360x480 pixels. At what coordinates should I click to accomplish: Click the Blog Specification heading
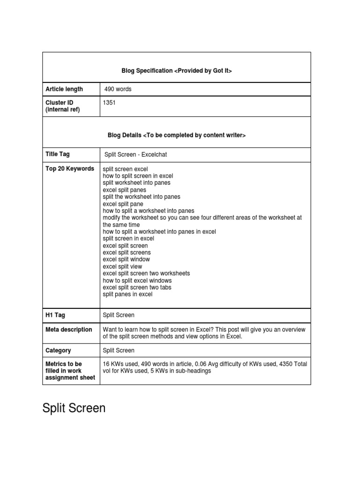click(x=177, y=71)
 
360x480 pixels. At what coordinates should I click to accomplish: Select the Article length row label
click(x=64, y=89)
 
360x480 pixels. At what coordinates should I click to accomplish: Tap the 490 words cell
click(x=118, y=89)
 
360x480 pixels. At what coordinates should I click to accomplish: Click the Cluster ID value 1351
click(x=109, y=103)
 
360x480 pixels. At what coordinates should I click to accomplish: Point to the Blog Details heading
click(x=177, y=135)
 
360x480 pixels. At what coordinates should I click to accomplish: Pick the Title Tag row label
click(x=58, y=154)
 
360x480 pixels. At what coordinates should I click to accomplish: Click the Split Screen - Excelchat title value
click(x=133, y=155)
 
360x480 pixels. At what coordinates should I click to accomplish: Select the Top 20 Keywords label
click(x=70, y=169)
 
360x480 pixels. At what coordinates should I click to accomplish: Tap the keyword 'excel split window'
click(x=127, y=259)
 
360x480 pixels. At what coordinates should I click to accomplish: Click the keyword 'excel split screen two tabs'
click(x=137, y=287)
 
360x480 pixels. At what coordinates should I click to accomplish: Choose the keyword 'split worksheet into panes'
click(x=137, y=183)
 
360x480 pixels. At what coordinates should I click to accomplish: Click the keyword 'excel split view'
click(x=122, y=266)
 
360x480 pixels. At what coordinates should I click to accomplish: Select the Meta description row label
click(x=69, y=330)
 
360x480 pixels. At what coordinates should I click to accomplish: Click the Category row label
click(x=59, y=350)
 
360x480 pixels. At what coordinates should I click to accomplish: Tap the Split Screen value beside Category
click(x=119, y=350)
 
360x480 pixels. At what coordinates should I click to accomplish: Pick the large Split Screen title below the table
click(x=74, y=408)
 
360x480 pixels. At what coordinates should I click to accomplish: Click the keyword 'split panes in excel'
click(x=127, y=294)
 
